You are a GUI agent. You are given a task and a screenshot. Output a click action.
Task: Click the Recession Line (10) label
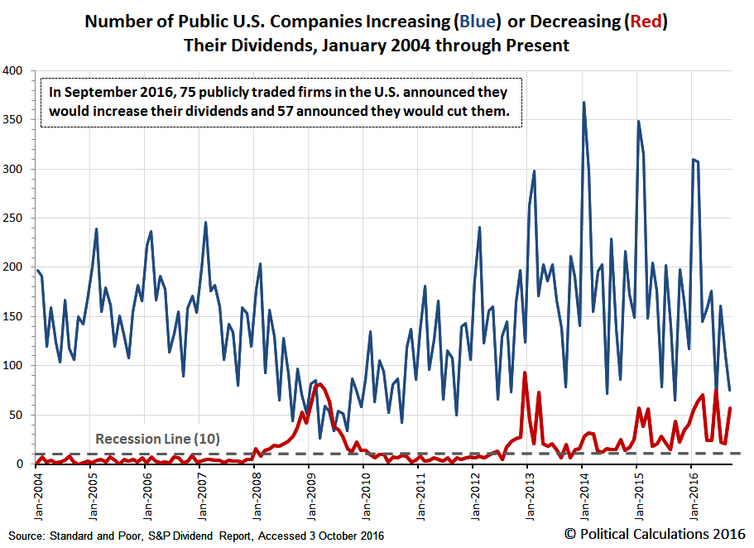[x=158, y=440]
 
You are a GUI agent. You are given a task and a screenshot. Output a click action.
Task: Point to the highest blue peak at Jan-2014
[x=584, y=103]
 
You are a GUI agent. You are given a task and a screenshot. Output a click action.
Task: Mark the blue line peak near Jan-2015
[x=638, y=122]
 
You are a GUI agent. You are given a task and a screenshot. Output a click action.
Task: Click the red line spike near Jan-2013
[x=525, y=373]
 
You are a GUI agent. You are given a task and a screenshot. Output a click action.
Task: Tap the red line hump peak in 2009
[x=319, y=384]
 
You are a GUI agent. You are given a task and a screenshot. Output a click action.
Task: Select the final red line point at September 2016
[x=730, y=408]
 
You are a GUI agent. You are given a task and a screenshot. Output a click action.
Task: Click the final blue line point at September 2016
[x=730, y=390]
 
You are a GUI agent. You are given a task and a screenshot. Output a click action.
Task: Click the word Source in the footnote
[x=25, y=536]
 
